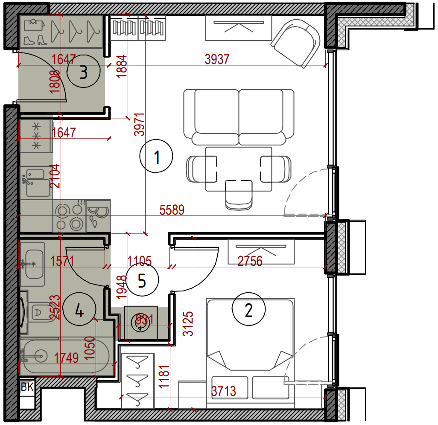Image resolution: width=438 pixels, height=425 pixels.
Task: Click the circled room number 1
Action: (x=156, y=156)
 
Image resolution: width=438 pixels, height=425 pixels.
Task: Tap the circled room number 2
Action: (x=248, y=309)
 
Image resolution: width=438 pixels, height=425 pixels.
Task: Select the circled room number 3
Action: (x=83, y=71)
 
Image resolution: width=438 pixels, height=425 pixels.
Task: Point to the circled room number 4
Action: (x=79, y=309)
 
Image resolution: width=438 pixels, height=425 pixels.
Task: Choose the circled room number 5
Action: (x=142, y=279)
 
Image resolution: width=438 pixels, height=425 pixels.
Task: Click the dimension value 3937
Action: (x=217, y=59)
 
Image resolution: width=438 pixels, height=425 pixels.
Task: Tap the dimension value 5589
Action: (x=172, y=210)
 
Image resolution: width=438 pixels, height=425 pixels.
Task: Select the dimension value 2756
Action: (x=250, y=261)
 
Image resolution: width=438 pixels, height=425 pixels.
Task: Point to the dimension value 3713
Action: (x=223, y=391)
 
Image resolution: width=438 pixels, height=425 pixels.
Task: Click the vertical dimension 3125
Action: (x=188, y=323)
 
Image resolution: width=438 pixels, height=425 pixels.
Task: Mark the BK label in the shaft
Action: (x=27, y=387)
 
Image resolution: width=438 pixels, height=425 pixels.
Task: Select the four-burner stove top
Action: (x=70, y=215)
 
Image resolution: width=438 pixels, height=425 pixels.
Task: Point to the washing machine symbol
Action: (x=140, y=323)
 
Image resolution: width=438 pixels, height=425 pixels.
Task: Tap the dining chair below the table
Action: (x=239, y=195)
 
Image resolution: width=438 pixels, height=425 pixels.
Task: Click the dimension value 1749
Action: (x=66, y=358)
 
